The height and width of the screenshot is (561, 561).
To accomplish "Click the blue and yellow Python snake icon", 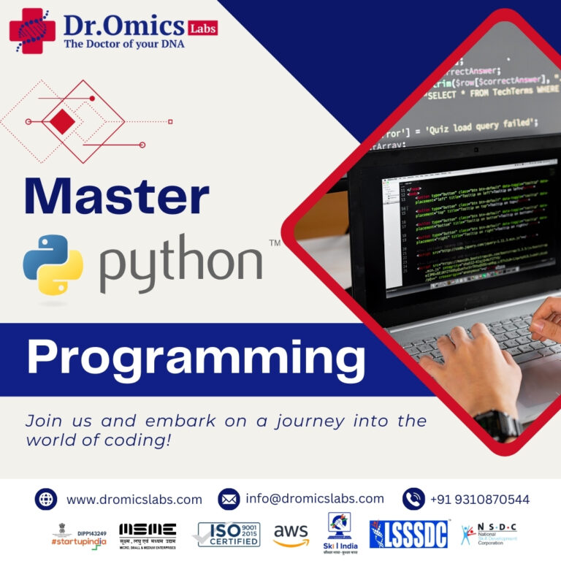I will click(53, 264).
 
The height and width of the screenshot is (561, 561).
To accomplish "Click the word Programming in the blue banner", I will click(196, 359).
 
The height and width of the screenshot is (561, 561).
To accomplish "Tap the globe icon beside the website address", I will click(45, 499).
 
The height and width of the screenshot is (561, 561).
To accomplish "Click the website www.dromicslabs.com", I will click(134, 500).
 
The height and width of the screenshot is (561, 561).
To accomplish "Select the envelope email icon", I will click(229, 499).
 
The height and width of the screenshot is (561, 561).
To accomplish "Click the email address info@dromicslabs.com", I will click(315, 499).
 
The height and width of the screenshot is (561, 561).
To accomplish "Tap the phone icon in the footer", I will click(413, 499).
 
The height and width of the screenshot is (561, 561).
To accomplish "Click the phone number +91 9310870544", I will click(480, 500).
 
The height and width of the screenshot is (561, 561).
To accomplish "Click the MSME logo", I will click(148, 534).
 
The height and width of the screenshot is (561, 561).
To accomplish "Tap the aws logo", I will click(291, 535).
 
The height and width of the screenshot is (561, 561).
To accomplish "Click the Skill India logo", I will click(339, 533).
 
